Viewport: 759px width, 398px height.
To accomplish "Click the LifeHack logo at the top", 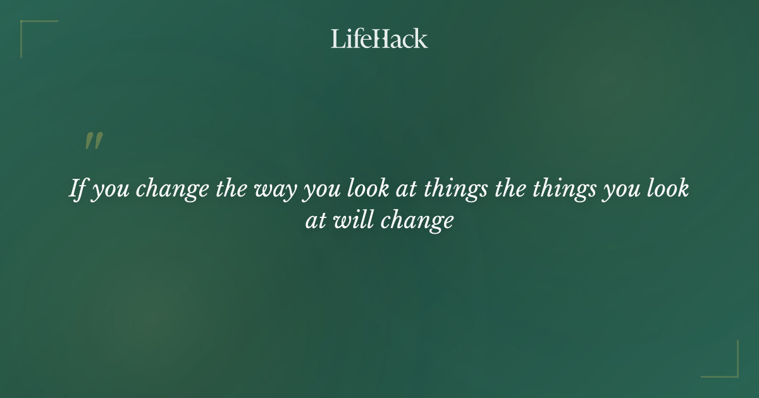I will (379, 39).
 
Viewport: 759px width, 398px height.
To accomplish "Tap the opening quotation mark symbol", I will (94, 142).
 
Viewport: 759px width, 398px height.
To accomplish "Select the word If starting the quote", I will (77, 189).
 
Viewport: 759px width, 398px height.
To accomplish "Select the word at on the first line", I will (405, 189).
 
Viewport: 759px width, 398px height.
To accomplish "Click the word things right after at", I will (455, 190).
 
